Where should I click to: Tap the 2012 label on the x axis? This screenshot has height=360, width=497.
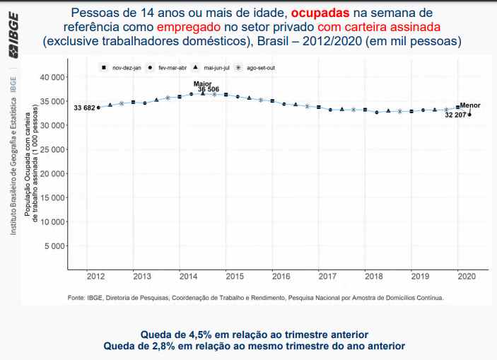96,276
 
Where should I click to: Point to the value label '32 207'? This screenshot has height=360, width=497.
455,115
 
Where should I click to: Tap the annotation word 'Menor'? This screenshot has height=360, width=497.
470,105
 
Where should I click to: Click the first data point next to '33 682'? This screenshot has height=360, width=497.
98,108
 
